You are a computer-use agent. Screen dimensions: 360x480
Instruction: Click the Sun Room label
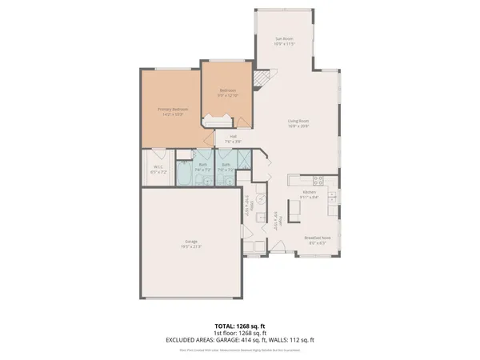pos(286,38)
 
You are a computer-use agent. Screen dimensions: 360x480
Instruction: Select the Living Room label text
pos(298,121)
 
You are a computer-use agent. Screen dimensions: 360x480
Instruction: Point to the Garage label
pos(191,240)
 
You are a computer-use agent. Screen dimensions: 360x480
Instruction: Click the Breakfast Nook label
pos(313,237)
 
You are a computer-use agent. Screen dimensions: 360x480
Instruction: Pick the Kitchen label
pos(309,192)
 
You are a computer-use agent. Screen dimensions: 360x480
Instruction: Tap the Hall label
pos(233,136)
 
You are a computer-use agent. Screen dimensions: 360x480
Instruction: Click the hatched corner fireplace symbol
pos(262,78)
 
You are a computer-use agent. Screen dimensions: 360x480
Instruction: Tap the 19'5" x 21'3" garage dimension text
pos(191,246)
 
